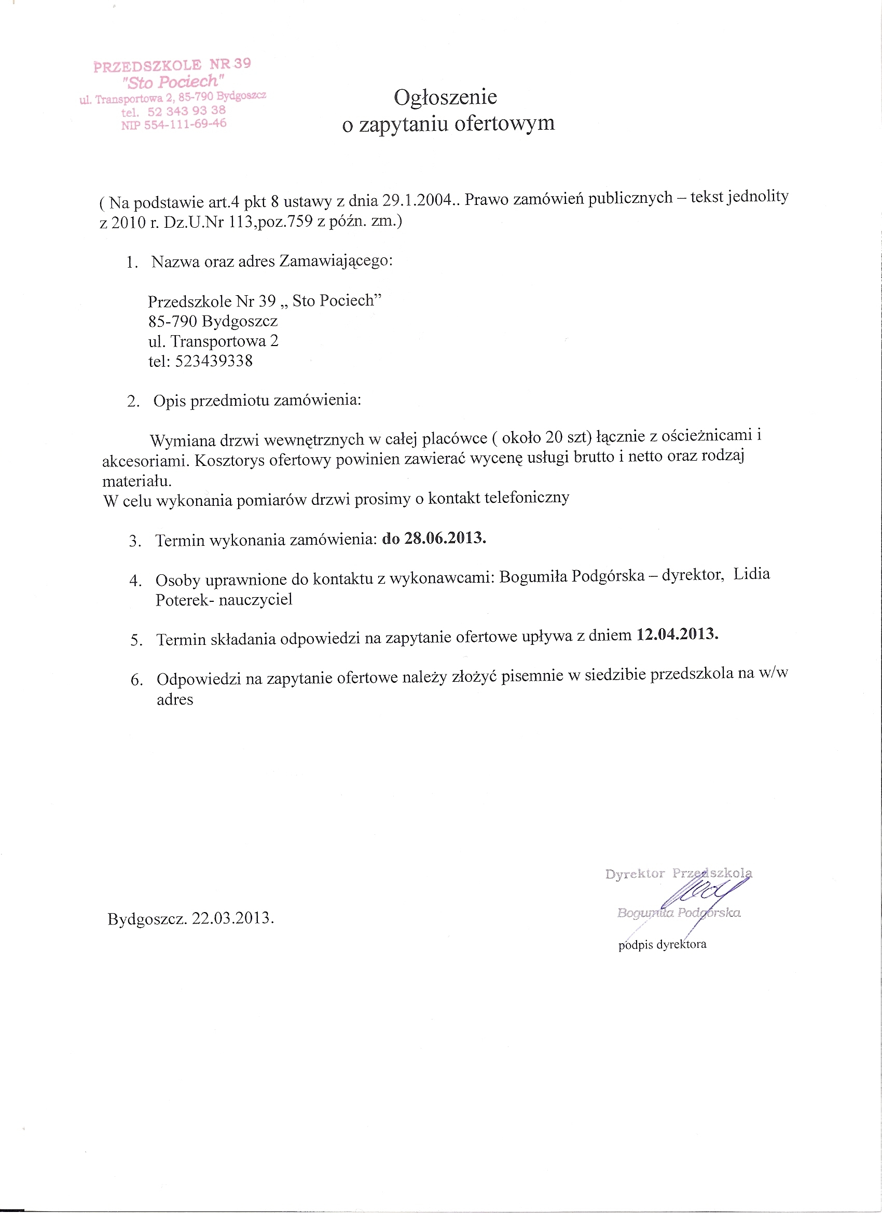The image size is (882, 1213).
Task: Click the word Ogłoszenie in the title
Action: tap(445, 98)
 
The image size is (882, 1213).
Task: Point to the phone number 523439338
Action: tap(213, 361)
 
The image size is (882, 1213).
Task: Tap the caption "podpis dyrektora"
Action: tap(662, 944)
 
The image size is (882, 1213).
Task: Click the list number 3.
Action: tap(134, 541)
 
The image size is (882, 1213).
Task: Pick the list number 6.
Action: tap(136, 680)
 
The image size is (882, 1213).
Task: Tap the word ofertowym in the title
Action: tap(504, 123)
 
